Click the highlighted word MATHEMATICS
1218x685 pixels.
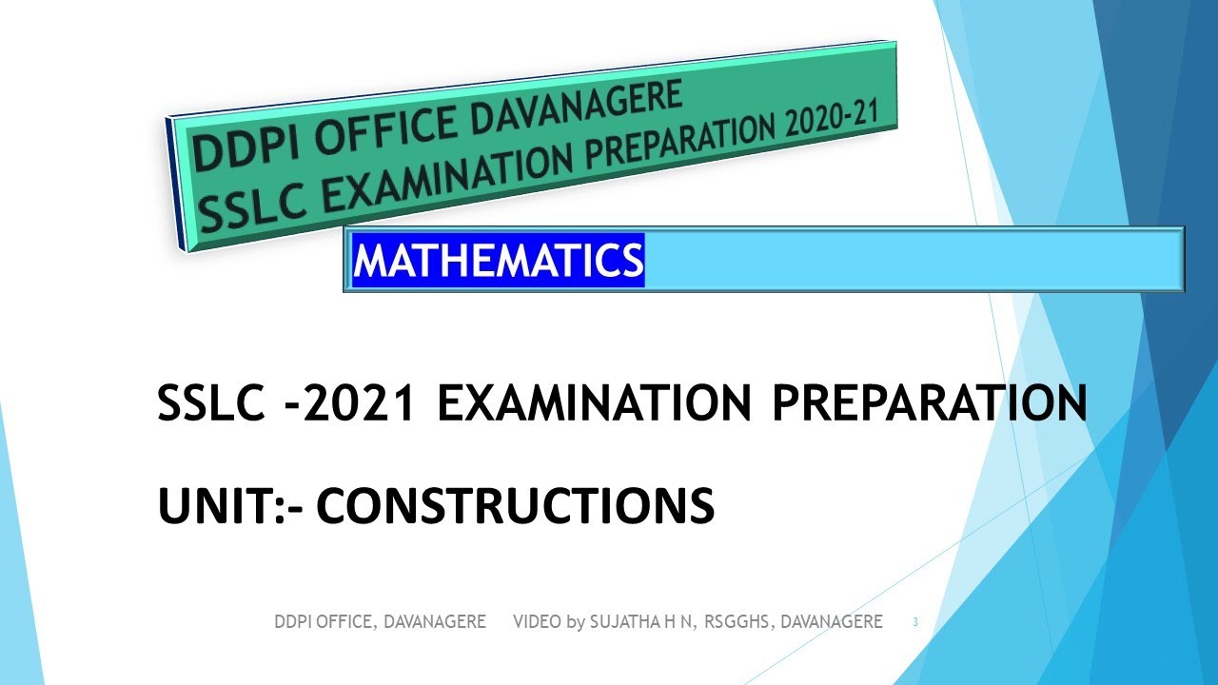[498, 260]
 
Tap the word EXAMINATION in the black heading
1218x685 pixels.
[594, 404]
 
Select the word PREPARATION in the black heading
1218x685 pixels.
[929, 404]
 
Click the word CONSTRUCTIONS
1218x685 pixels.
[515, 505]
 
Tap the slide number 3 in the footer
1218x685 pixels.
[915, 622]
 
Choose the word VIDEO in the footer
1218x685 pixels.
[537, 622]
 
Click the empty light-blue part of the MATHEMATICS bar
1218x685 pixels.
[913, 260]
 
